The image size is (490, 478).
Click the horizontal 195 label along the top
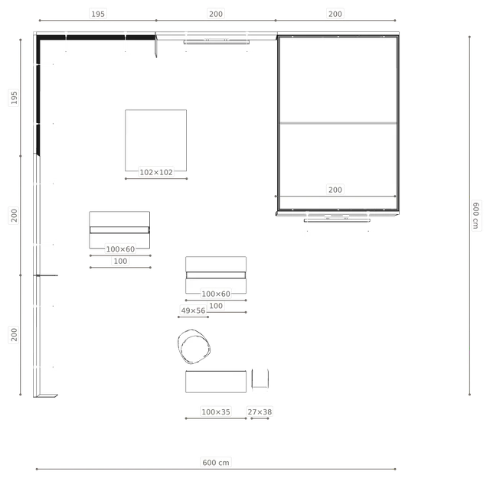click(98, 14)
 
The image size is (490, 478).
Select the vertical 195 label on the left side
click(14, 97)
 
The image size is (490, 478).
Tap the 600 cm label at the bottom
click(216, 463)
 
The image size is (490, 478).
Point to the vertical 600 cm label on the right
click(475, 216)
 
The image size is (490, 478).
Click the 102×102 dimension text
click(156, 172)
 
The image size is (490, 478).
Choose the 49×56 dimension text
click(193, 311)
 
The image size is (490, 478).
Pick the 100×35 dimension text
click(216, 411)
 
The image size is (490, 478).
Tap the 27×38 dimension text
click(260, 411)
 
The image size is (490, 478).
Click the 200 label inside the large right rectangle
click(335, 190)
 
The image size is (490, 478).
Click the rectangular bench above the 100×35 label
click(216, 382)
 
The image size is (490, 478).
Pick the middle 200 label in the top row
click(216, 14)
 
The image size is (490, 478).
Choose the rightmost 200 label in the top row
click(335, 14)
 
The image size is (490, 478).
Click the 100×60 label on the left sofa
click(120, 249)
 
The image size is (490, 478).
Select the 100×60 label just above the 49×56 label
click(216, 294)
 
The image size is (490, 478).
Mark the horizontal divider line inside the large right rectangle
click(338, 123)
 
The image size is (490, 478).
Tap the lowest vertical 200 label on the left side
click(14, 334)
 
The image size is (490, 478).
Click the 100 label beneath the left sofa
click(120, 261)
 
